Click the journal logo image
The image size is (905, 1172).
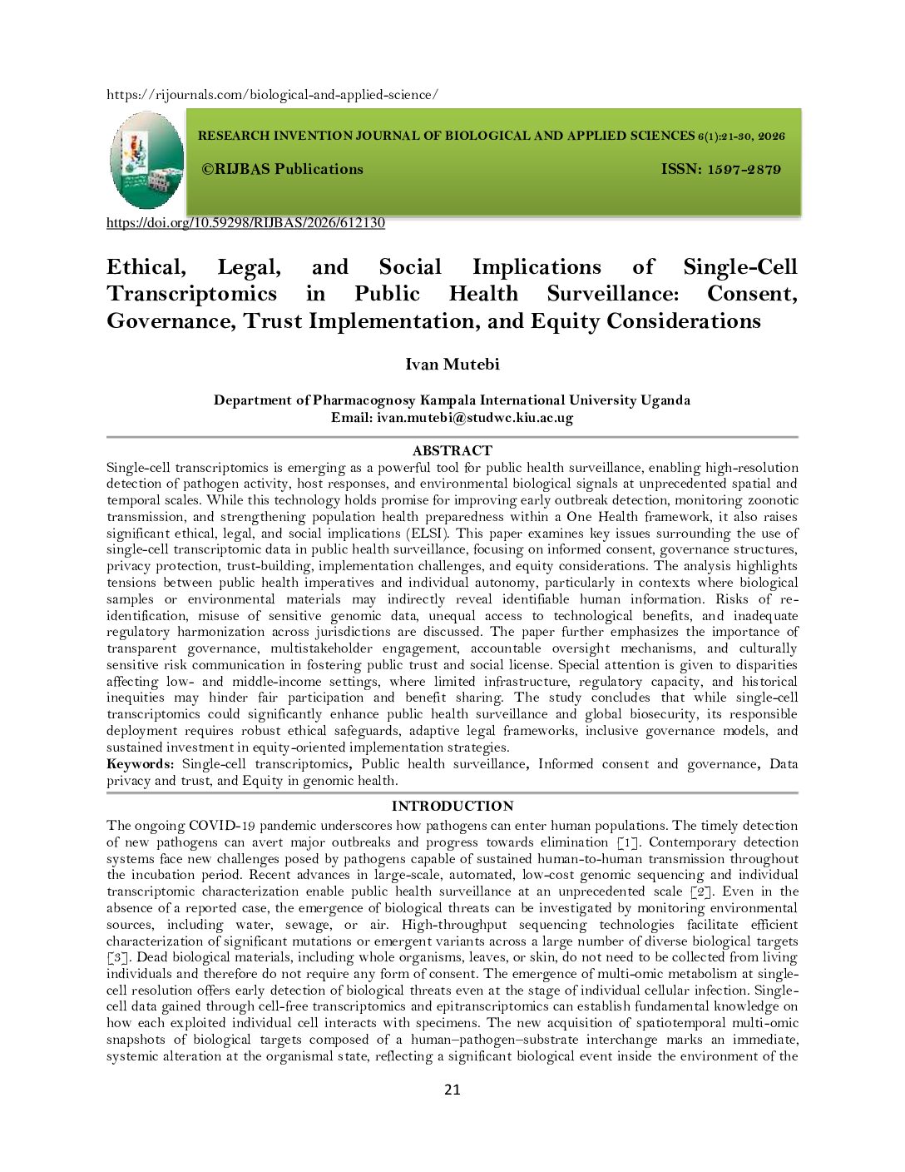146,161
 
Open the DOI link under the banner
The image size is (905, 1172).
245,223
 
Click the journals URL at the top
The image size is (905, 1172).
272,95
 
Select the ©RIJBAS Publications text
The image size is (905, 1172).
283,169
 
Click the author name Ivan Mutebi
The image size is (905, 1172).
452,365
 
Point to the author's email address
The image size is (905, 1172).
475,418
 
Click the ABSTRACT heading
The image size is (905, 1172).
452,450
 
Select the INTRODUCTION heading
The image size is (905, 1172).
452,806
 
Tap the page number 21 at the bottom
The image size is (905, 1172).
452,1090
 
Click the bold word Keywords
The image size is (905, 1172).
140,764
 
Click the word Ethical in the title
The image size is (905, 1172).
146,267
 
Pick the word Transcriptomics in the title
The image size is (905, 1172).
191,294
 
